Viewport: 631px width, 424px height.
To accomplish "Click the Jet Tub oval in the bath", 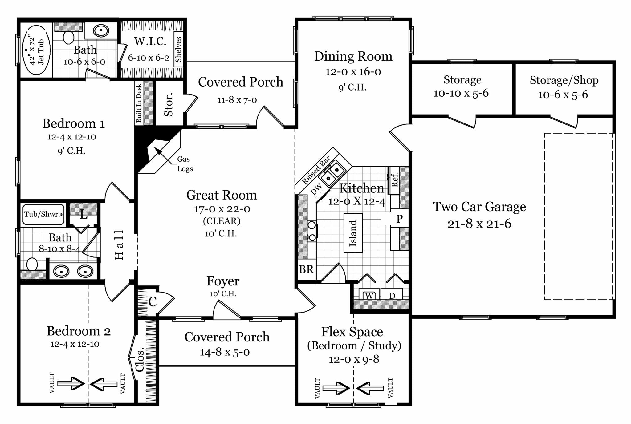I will pos(36,50).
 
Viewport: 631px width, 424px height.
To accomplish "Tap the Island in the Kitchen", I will pos(353,233).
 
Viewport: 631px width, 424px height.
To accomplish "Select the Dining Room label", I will pos(353,56).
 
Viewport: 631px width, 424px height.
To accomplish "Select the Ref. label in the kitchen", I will pos(394,180).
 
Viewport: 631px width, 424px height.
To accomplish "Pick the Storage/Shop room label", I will pos(564,80).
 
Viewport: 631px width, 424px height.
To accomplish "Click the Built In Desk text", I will pos(139,103).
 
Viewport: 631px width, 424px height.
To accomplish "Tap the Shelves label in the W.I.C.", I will pos(178,50).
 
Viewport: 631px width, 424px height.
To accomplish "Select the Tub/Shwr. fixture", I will pos(43,214).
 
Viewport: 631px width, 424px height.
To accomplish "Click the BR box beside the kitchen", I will pos(306,269).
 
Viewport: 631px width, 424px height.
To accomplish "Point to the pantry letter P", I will pos(399,219).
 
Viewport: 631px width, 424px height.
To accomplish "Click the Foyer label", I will pos(223,281).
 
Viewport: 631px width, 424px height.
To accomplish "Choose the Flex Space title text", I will pos(352,332).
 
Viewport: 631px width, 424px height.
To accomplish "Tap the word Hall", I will pos(119,245).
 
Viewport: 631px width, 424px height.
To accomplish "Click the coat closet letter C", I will pos(153,302).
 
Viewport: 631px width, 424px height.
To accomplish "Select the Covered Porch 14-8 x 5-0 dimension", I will pos(225,352).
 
